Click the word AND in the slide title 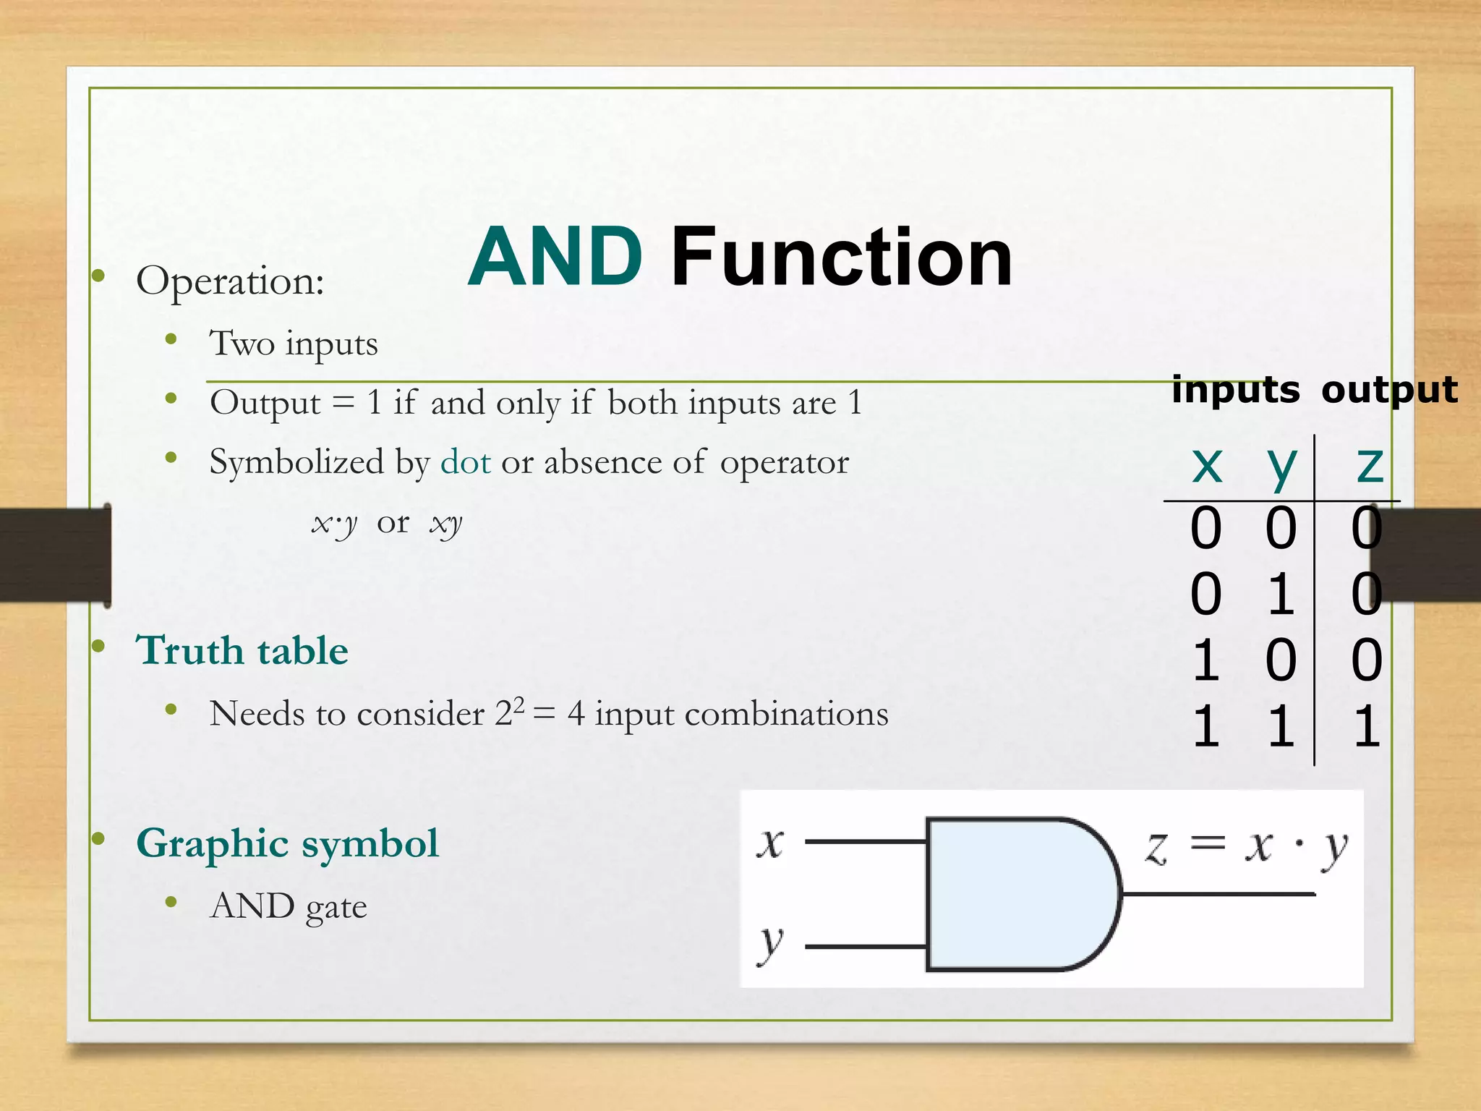555,257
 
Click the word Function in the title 841,257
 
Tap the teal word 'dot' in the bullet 466,462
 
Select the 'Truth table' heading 242,650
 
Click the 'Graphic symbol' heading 287,843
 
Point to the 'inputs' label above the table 1235,390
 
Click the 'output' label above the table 1389,390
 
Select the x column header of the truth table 1207,464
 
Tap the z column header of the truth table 1370,464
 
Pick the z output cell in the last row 1367,727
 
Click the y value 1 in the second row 1281,595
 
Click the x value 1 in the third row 1205,660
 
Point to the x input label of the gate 770,843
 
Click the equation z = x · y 1246,846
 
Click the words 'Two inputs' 294,344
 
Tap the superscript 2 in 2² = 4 518,702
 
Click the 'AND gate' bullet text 289,906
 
